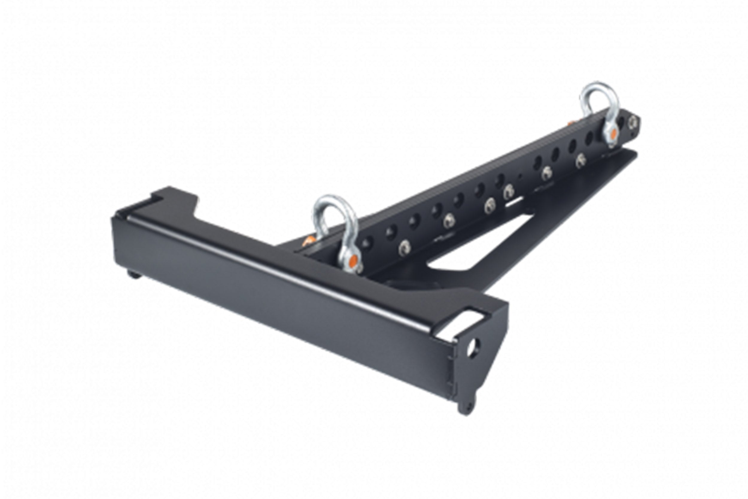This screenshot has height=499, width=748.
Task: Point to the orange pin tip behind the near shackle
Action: click(x=308, y=241)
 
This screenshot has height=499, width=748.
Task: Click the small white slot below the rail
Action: click(x=515, y=202)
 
